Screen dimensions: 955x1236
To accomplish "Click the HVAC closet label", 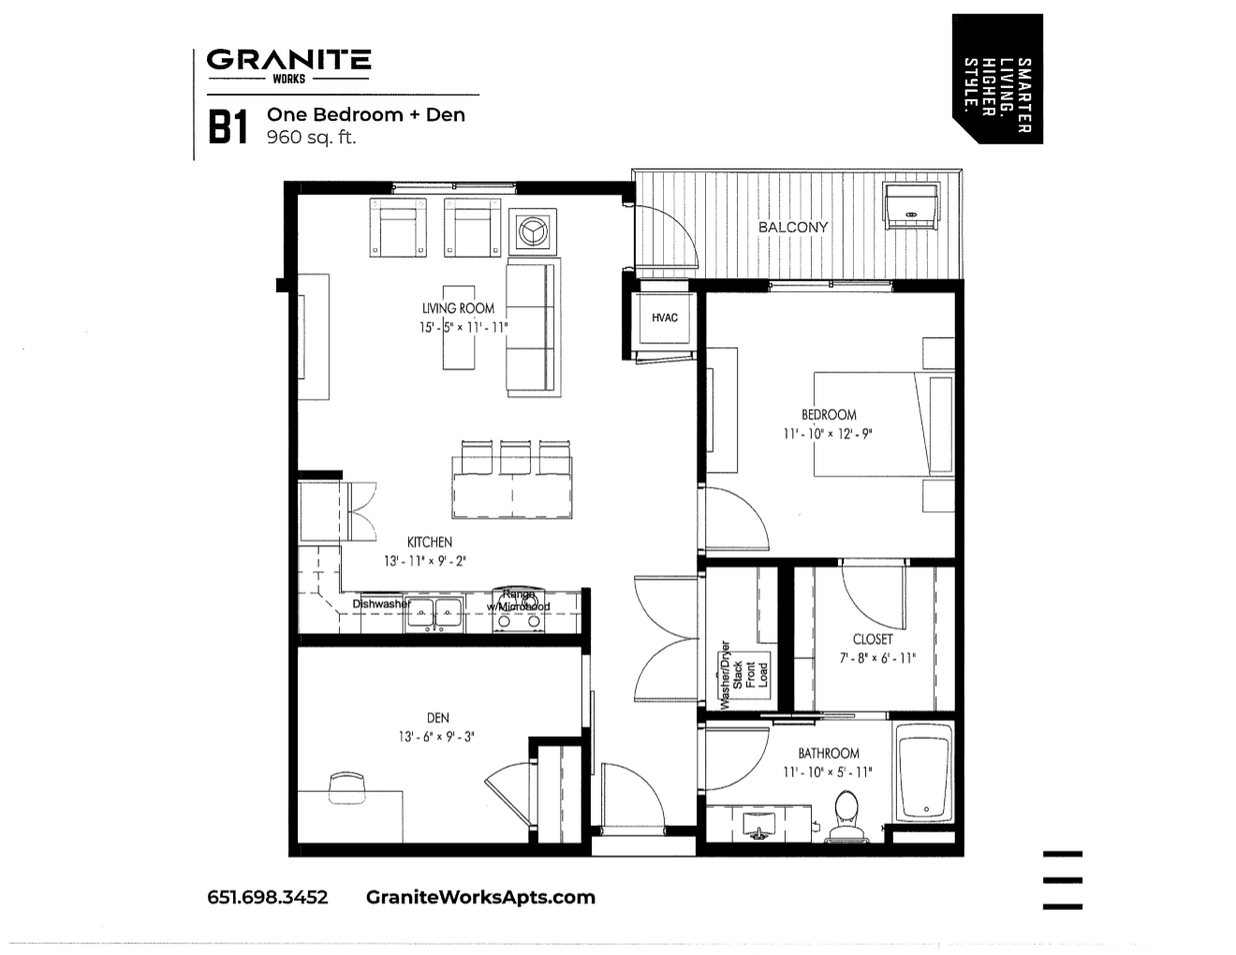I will click(665, 318).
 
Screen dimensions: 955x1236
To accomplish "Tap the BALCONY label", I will click(793, 227).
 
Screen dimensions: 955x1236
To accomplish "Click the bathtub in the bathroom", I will click(924, 773).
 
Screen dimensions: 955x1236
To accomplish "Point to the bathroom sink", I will click(757, 825).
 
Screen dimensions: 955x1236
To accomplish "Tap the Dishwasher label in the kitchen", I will click(381, 604).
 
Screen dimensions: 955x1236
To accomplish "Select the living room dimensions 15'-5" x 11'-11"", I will click(463, 328).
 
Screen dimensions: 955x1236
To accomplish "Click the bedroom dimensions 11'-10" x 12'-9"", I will click(828, 434).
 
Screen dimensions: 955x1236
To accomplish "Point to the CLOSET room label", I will click(873, 639).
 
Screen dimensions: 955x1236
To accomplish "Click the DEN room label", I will click(437, 718).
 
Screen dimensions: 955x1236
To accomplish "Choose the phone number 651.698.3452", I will click(268, 897).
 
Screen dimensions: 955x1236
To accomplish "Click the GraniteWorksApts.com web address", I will click(480, 897).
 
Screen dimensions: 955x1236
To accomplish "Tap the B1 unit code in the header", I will click(228, 128).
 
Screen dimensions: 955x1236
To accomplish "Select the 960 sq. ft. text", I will click(312, 138).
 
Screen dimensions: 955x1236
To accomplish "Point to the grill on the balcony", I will click(911, 205).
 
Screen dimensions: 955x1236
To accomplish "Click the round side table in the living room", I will click(533, 230).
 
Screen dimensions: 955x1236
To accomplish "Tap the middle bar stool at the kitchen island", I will click(515, 457).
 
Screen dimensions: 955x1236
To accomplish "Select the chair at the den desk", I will click(345, 785).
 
